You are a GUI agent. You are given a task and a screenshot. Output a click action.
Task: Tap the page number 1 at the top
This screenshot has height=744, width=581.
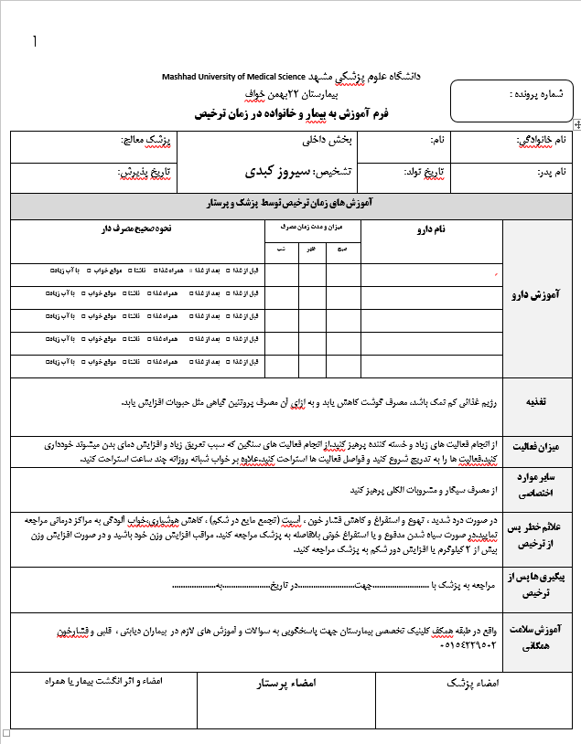[x=35, y=41]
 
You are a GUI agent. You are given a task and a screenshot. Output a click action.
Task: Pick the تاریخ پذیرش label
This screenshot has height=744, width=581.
[x=146, y=171]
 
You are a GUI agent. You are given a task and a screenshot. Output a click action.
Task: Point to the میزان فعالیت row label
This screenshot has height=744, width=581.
[x=535, y=445]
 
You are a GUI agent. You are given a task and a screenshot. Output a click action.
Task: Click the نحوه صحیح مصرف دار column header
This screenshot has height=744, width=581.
[x=137, y=230]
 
